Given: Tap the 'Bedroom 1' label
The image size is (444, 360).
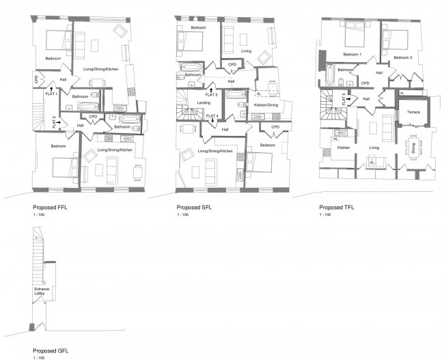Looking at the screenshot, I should pos(352,54).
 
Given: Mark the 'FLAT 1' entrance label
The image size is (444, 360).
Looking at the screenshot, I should pos(48,89).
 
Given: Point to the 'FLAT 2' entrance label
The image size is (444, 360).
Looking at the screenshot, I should pos(55,124).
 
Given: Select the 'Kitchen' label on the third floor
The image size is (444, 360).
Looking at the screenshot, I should pos(343,148).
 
